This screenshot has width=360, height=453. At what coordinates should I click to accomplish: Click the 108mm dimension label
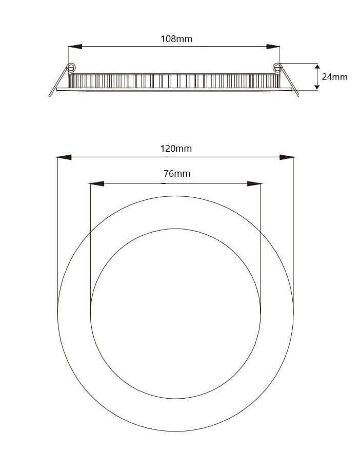coord(176,38)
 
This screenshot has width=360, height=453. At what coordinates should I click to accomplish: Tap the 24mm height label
coord(334,77)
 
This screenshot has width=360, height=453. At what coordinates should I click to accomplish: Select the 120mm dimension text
coord(176,149)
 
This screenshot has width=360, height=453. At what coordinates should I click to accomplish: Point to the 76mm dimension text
coord(176,174)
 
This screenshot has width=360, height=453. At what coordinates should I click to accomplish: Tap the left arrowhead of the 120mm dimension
coord(63,157)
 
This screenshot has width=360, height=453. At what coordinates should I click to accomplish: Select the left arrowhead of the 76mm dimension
coord(96,183)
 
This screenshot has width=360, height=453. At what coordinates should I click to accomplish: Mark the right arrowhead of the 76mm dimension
coord(254,183)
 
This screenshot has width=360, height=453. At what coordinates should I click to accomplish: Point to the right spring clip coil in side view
coord(277,67)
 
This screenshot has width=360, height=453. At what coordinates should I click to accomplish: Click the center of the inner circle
coord(175,313)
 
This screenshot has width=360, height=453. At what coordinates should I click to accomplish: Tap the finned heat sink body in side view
coord(174,80)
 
